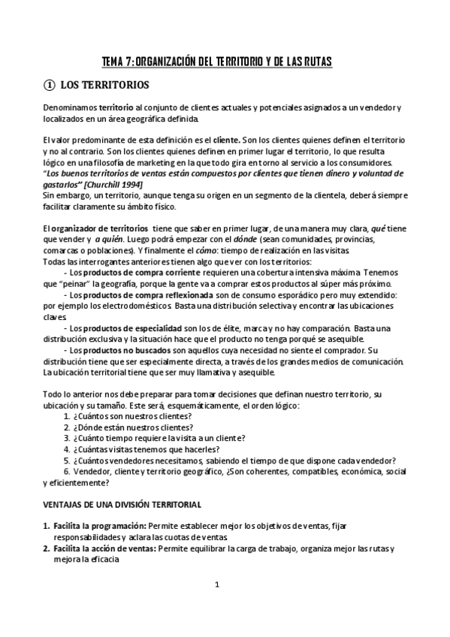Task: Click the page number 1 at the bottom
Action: pyautogui.click(x=216, y=584)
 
